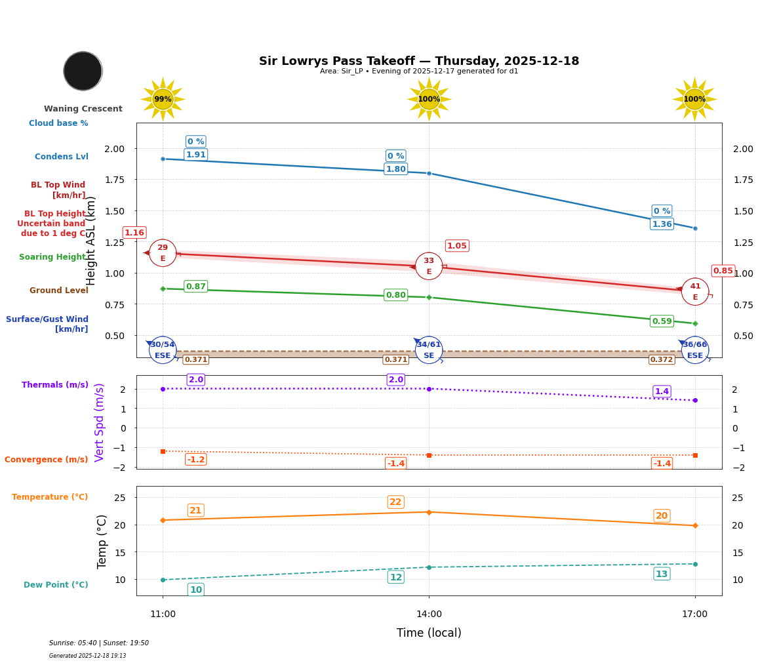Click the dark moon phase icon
coord(83,71)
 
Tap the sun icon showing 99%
coord(163,99)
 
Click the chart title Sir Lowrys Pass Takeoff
coord(418,61)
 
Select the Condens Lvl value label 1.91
coord(195,155)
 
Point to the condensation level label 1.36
coord(662,224)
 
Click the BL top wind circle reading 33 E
coord(429,266)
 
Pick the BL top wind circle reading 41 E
coord(695,292)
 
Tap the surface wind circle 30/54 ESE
coord(163,350)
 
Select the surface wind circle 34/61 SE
coord(429,350)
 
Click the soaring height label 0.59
coord(662,321)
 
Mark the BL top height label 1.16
coord(134,233)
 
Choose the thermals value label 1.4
coord(662,392)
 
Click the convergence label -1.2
coord(195,460)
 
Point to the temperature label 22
coord(395,502)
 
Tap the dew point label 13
coord(662,574)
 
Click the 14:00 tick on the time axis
coord(429,614)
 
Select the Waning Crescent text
coord(83,109)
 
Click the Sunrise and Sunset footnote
coord(99,643)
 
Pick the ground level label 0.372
coord(661,360)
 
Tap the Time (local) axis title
coord(429,633)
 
